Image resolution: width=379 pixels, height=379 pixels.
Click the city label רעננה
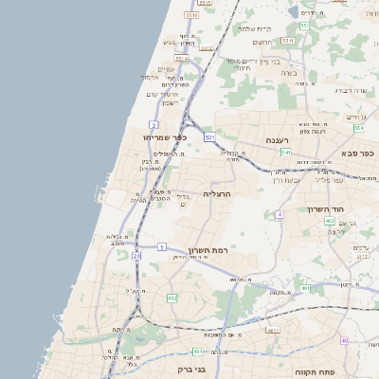click(x=277, y=139)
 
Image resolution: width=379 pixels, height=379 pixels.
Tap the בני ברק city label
click(x=191, y=369)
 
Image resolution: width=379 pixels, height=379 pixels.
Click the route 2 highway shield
click(x=153, y=124)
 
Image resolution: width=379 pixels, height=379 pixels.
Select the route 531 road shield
click(x=209, y=137)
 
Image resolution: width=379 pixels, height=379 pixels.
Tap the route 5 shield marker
click(x=162, y=246)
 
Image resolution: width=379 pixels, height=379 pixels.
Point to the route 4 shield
click(x=280, y=215)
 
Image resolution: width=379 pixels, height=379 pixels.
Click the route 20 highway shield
click(x=136, y=256)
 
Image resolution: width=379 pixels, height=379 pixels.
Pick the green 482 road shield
click(x=171, y=298)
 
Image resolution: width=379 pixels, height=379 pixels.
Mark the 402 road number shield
click(x=329, y=221)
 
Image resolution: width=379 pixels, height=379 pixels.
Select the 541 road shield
click(x=285, y=152)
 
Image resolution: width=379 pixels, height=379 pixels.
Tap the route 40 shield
click(x=345, y=341)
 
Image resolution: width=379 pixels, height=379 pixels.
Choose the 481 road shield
click(x=304, y=288)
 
